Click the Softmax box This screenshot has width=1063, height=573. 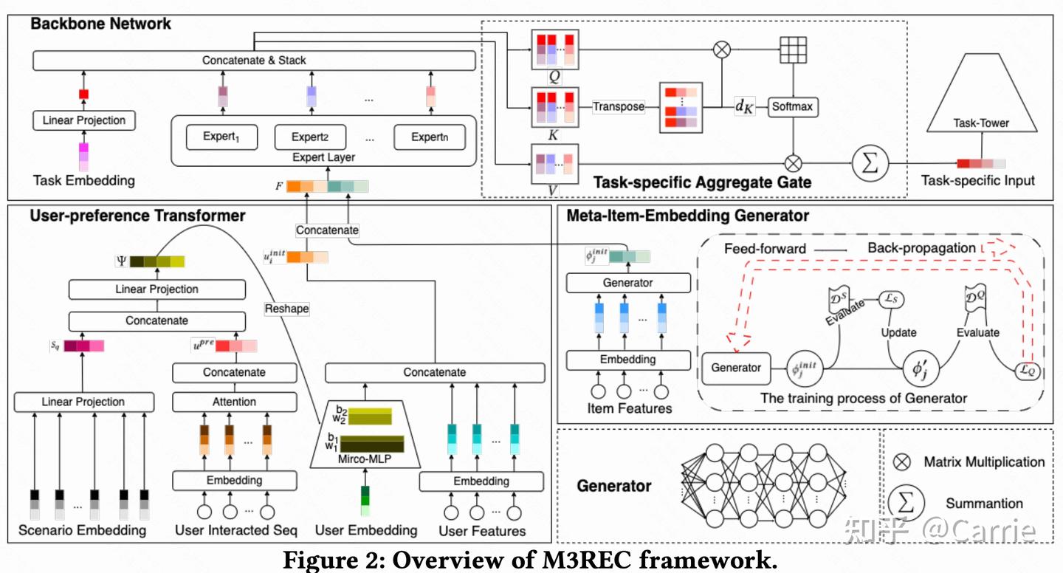click(x=792, y=106)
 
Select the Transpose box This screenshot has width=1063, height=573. click(x=618, y=106)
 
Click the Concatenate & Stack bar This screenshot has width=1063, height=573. click(x=254, y=60)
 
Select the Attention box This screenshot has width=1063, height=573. click(x=234, y=402)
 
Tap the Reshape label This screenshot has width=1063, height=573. click(x=287, y=309)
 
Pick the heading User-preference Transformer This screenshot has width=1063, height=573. click(x=137, y=216)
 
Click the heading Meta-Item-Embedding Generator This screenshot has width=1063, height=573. click(x=687, y=216)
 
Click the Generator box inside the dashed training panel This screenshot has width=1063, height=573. click(x=736, y=367)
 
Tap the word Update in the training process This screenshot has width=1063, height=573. click(x=898, y=333)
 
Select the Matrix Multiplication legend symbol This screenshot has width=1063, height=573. click(x=901, y=462)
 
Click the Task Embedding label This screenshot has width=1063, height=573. click(x=83, y=180)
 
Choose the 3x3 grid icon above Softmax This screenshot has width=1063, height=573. click(x=793, y=50)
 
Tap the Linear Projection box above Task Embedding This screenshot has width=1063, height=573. click(x=83, y=120)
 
